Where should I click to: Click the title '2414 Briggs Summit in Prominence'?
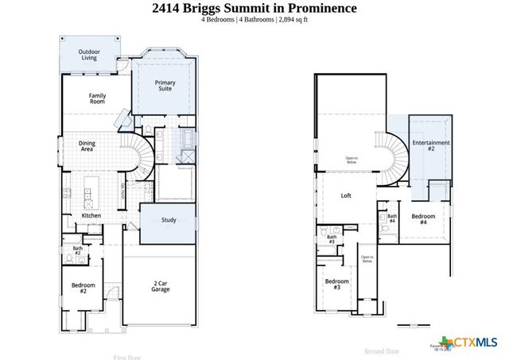(254, 8)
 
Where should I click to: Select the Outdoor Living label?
(88, 55)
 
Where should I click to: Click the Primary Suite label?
(165, 85)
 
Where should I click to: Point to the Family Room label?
(97, 99)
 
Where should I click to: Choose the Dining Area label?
(87, 146)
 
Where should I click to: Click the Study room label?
(168, 219)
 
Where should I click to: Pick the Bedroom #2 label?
(83, 288)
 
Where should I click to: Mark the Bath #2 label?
(78, 251)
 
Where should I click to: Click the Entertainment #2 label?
(430, 145)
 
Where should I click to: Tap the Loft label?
(346, 195)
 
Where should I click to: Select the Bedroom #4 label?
(423, 218)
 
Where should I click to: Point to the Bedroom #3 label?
(337, 284)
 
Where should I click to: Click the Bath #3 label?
(332, 238)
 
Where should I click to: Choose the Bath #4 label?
(392, 218)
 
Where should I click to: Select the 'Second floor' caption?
(383, 350)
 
